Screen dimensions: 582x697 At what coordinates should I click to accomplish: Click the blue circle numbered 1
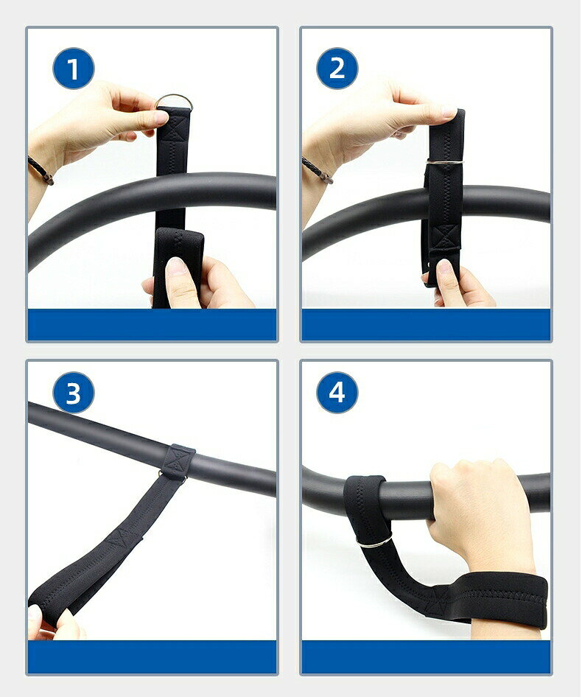tap(74, 69)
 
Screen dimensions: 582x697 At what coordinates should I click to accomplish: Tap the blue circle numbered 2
tap(337, 69)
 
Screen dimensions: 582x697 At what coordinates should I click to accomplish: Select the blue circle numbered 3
tap(74, 393)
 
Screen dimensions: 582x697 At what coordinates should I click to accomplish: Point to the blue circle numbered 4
tap(337, 393)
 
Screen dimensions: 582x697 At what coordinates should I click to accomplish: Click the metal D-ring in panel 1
tap(174, 97)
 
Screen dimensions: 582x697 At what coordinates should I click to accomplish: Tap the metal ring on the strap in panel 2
tap(445, 162)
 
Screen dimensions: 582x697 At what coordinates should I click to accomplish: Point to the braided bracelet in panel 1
tap(41, 169)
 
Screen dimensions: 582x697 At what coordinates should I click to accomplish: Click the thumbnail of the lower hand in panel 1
tap(177, 267)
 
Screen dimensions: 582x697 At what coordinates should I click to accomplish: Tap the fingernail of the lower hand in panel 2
tap(445, 267)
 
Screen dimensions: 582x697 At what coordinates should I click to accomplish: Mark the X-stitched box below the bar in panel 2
tap(446, 237)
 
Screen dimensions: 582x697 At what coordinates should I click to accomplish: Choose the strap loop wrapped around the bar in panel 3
tap(179, 461)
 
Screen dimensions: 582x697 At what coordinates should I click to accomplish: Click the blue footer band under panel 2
tap(426, 324)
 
